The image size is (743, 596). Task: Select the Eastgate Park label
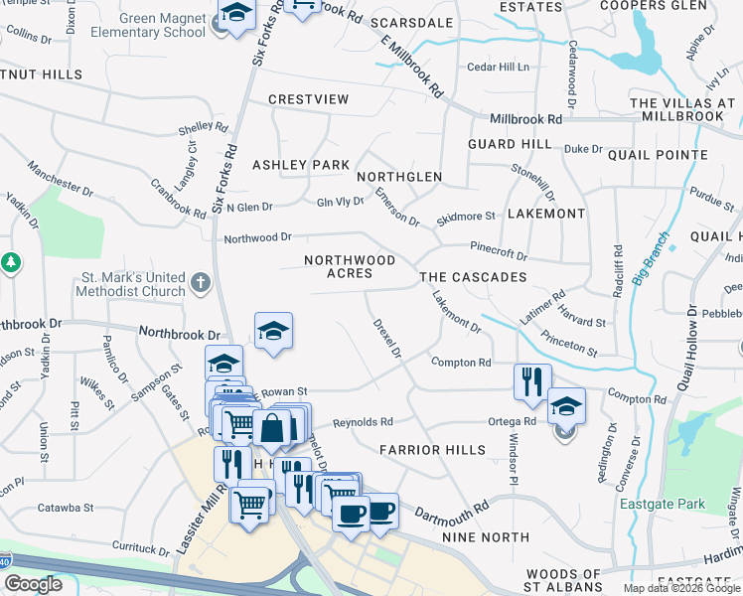663,504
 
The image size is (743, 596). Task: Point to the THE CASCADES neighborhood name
473,277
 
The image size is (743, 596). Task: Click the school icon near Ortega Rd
566,405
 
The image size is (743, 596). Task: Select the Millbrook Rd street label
525,119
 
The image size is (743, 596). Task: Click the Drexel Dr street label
386,339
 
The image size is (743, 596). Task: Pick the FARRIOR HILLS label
433,450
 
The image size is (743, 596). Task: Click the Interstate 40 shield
5,562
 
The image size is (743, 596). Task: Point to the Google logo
33,584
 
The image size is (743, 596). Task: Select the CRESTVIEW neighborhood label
309,99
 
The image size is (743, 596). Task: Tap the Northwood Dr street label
257,237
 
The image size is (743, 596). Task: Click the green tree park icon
11,263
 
